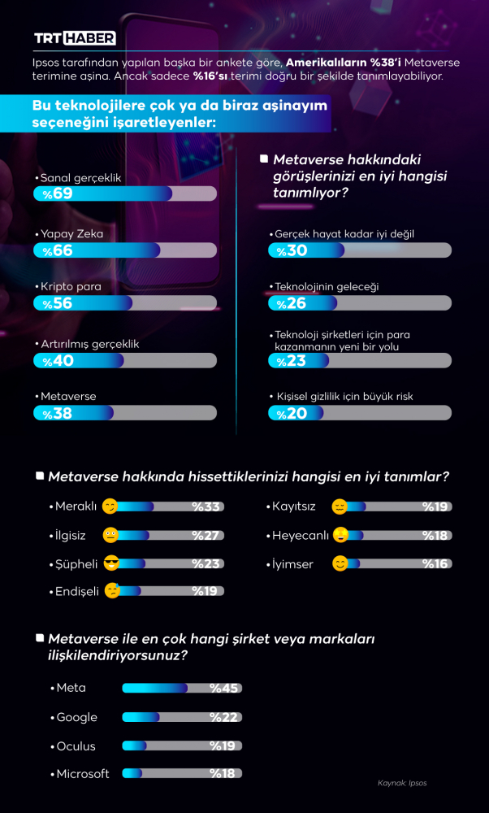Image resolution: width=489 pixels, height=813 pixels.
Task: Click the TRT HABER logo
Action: tap(75, 38)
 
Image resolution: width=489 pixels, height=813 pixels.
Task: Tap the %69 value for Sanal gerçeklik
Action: tap(58, 193)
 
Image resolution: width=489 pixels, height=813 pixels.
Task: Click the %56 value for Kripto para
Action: tap(58, 303)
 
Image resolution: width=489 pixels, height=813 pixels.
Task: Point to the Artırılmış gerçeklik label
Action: tap(87, 344)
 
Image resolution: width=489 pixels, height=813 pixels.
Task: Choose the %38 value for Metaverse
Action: tap(58, 413)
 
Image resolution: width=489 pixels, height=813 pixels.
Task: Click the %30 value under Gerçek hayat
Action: tap(292, 250)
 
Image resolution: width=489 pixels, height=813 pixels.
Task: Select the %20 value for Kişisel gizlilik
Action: tap(292, 413)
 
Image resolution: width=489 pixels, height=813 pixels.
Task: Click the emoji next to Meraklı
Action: tap(110, 506)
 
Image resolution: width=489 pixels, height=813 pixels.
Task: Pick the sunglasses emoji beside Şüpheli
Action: tap(111, 563)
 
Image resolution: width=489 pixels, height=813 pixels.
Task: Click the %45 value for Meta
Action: tap(223, 688)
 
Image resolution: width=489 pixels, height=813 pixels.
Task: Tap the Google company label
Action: tap(76, 717)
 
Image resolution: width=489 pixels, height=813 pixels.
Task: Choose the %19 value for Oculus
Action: tap(223, 746)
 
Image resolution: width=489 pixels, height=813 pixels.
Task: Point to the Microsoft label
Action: tap(82, 773)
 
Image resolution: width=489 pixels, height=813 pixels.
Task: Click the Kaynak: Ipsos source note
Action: tap(402, 783)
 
